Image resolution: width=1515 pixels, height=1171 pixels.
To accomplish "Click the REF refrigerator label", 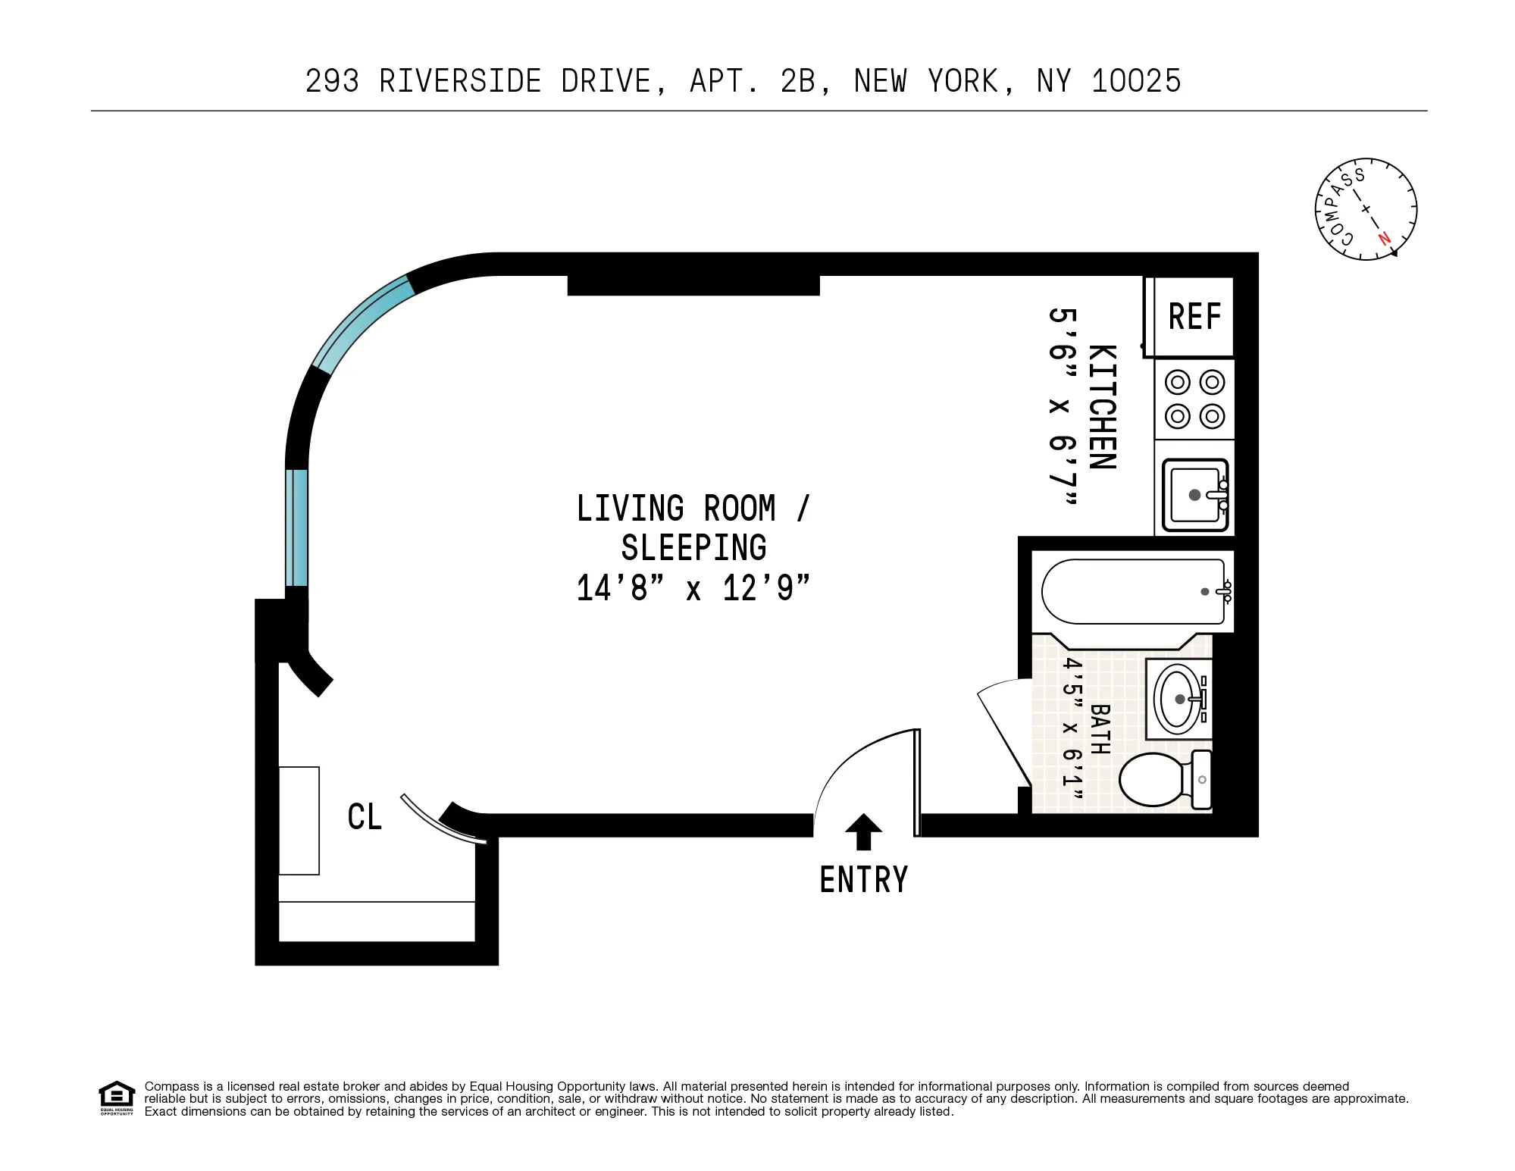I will point(1194,317).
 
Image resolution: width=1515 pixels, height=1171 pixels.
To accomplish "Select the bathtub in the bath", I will point(1132,592).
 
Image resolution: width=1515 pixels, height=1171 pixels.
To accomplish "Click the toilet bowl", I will point(1151,779).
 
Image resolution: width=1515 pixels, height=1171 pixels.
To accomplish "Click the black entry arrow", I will point(863,831).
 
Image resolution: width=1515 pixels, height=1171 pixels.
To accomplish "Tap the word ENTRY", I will point(863,880).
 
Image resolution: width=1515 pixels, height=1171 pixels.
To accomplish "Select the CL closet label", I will point(365,817).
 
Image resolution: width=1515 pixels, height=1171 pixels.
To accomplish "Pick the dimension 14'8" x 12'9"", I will point(693,588).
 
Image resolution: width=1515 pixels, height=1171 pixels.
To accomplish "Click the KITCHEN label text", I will point(1102,407).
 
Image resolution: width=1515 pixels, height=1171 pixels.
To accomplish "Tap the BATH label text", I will point(1100,729).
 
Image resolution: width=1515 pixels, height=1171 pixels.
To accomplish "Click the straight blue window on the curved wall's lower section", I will point(296,528).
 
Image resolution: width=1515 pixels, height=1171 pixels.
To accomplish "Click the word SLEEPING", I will point(693,548).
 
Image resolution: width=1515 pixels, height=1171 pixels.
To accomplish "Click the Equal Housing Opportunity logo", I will point(117,1097).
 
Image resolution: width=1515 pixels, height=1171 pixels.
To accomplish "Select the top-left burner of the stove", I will point(1177,382).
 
